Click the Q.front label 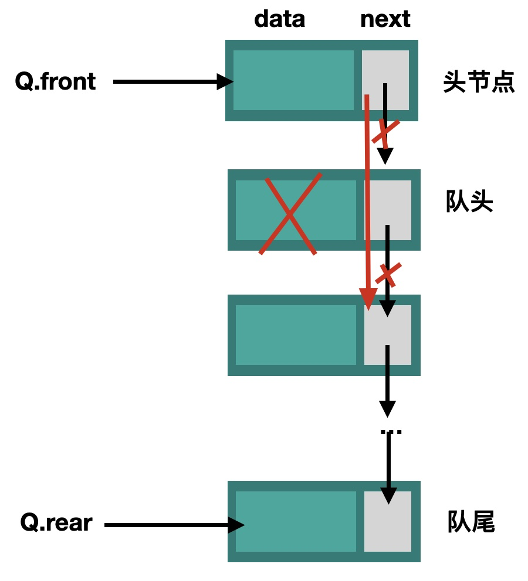coord(55,81)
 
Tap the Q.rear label coord(56,522)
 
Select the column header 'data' coord(279,19)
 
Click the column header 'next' coord(385,19)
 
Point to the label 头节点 coord(479,83)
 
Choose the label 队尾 coord(471,522)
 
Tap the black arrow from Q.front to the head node coord(170,81)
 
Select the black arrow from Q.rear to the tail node coord(173,525)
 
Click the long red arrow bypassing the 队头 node coord(367,205)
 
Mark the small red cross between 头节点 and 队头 coord(385,133)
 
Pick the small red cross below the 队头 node coord(388,273)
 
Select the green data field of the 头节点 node coord(293,80)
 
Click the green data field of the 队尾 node coord(296,521)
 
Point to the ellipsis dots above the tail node coord(391,432)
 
